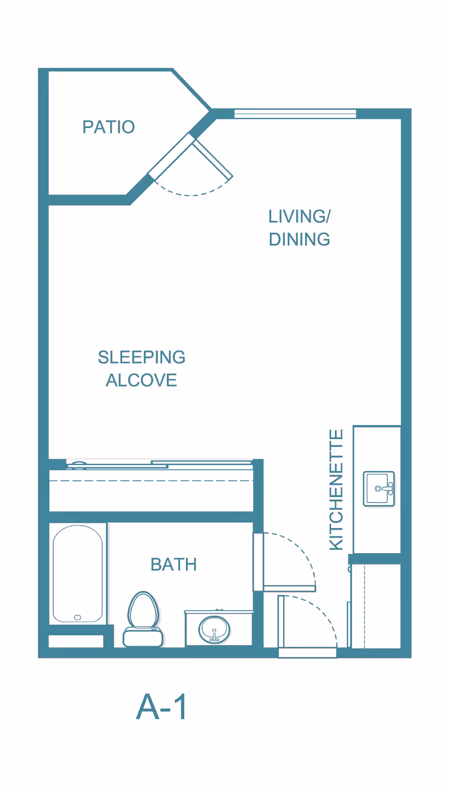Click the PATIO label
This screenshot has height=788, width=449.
(x=109, y=127)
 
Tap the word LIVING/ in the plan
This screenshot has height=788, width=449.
(x=299, y=217)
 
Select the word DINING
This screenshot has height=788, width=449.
(x=299, y=239)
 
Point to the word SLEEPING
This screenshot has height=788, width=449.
(x=141, y=357)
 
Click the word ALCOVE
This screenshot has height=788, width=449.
(x=141, y=380)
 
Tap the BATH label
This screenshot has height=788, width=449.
(x=174, y=564)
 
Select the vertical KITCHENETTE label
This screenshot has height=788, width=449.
(x=336, y=489)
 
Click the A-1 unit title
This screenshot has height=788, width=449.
(x=161, y=707)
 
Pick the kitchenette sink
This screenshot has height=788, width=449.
(x=379, y=489)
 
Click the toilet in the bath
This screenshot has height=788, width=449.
(x=143, y=619)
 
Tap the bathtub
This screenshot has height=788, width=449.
(x=78, y=574)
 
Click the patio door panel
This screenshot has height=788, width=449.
(x=213, y=159)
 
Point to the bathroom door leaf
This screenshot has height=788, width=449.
(x=289, y=588)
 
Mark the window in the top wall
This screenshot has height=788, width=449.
(x=295, y=114)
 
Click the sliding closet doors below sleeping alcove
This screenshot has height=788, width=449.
(x=160, y=464)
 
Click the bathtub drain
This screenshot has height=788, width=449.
(x=78, y=617)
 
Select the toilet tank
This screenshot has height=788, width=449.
(x=143, y=638)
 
